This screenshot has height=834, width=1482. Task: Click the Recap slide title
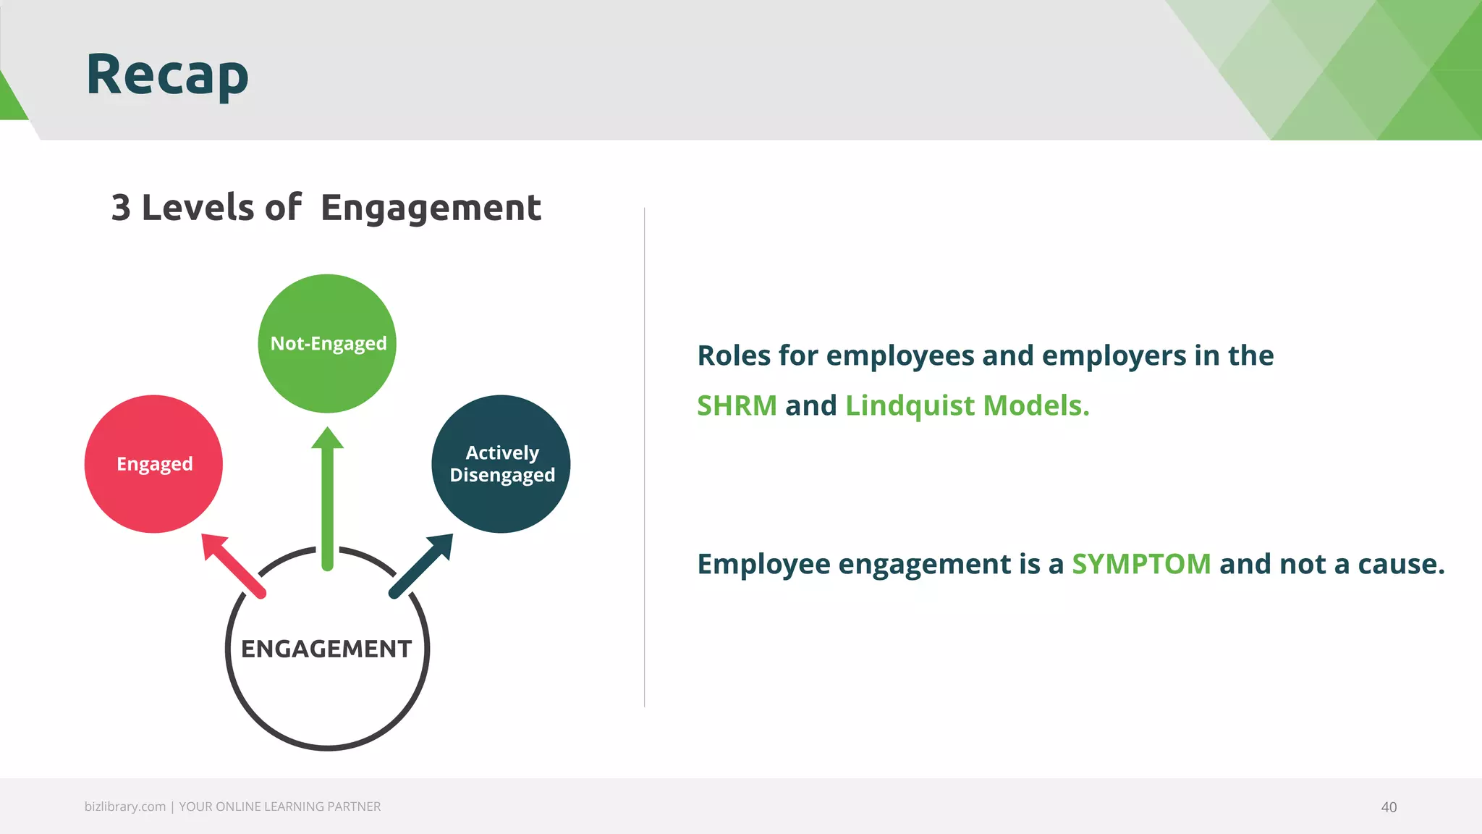pyautogui.click(x=167, y=75)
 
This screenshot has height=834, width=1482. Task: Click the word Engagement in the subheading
pyautogui.click(x=431, y=208)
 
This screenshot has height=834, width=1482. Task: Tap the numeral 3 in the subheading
pyautogui.click(x=121, y=208)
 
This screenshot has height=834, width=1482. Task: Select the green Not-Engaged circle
pyautogui.click(x=327, y=343)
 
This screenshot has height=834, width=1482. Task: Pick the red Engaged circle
pyautogui.click(x=153, y=464)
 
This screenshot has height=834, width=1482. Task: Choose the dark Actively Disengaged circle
pyautogui.click(x=501, y=464)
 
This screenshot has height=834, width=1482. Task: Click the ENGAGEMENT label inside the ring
pyautogui.click(x=326, y=649)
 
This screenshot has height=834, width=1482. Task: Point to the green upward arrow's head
pyautogui.click(x=327, y=439)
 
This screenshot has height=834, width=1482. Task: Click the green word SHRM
pyautogui.click(x=737, y=405)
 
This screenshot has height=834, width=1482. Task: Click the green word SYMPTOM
pyautogui.click(x=1141, y=564)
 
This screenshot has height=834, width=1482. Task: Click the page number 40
pyautogui.click(x=1389, y=807)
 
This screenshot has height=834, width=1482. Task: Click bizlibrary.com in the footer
pyautogui.click(x=124, y=806)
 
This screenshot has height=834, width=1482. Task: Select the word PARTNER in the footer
pyautogui.click(x=354, y=806)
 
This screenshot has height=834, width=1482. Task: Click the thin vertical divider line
pyautogui.click(x=644, y=456)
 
